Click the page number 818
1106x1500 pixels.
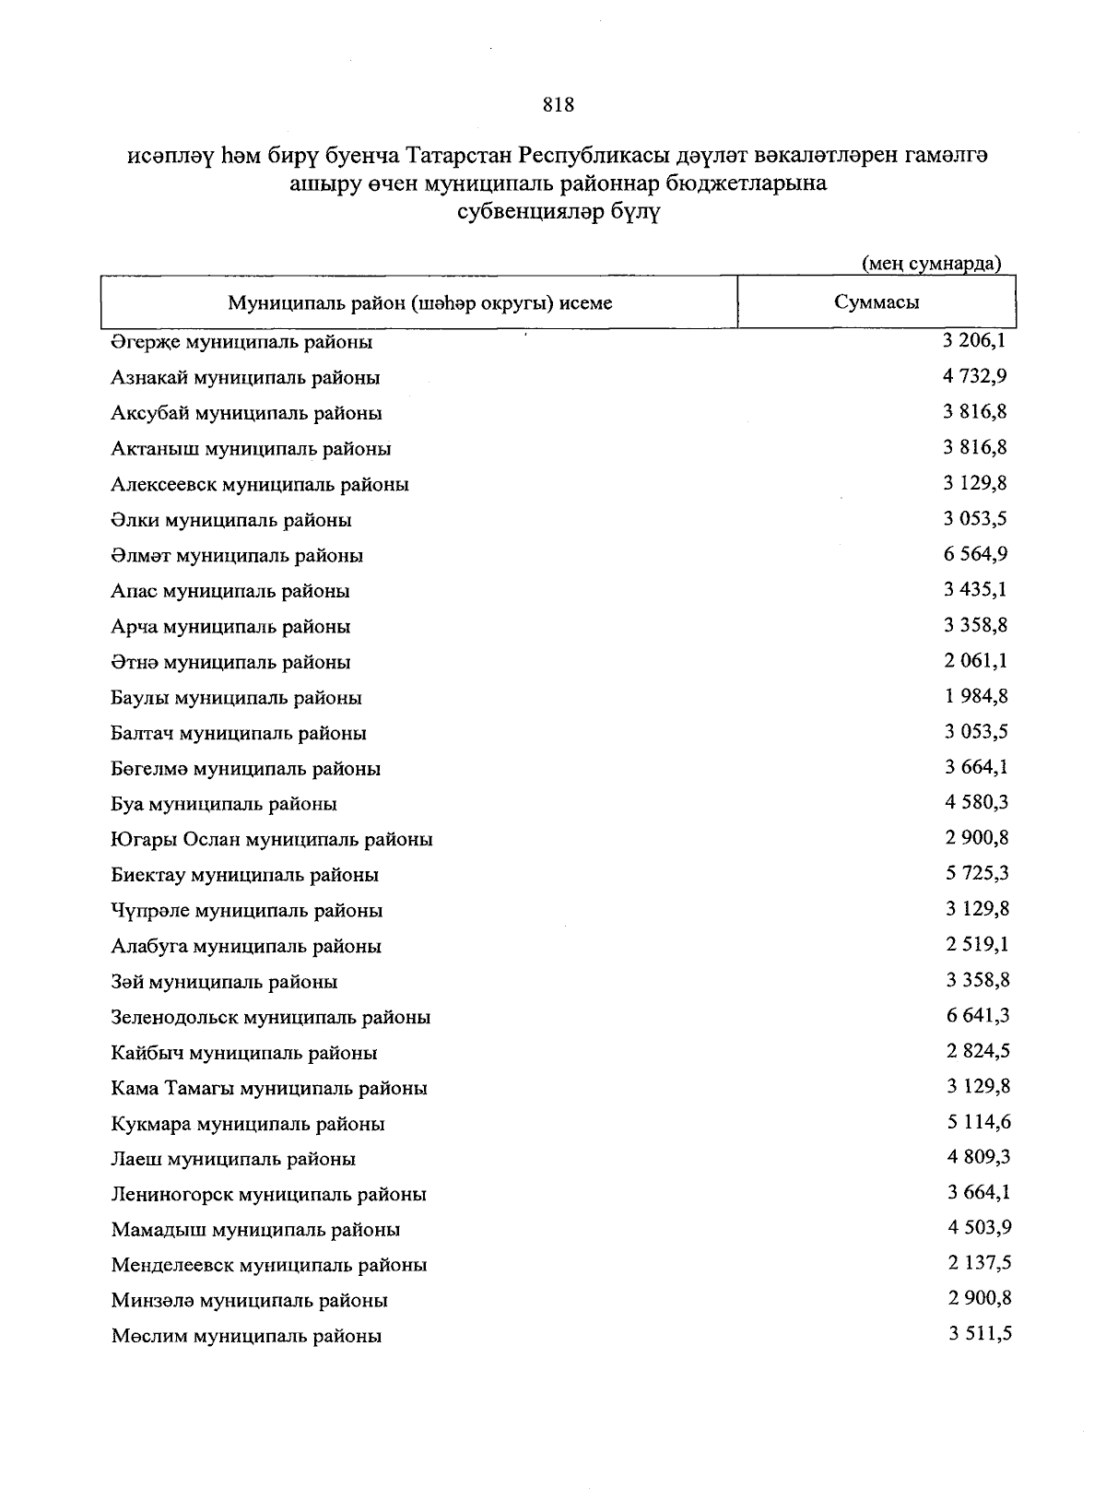coord(559,105)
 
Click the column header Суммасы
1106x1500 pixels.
coord(876,302)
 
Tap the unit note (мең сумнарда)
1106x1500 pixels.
coord(931,265)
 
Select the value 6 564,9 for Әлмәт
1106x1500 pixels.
coord(975,554)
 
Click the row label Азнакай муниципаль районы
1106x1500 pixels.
coord(245,377)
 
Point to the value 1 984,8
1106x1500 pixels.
coord(975,696)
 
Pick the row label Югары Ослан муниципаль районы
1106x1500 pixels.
coord(272,840)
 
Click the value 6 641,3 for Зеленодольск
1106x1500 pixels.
coord(977,1016)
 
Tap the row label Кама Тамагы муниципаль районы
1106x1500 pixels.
coord(269,1089)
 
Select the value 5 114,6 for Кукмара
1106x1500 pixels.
coord(977,1122)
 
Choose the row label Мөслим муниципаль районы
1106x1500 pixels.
coord(246,1336)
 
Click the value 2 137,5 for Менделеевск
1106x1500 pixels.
coord(979,1263)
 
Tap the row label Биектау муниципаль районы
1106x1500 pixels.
coord(245,875)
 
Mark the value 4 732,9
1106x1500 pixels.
coord(975,376)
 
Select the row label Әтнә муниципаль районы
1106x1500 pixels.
coord(230,662)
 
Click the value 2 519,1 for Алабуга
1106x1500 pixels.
coord(977,945)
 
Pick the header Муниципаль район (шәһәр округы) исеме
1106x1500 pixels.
coord(420,303)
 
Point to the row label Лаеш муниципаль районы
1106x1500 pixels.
coord(233,1159)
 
